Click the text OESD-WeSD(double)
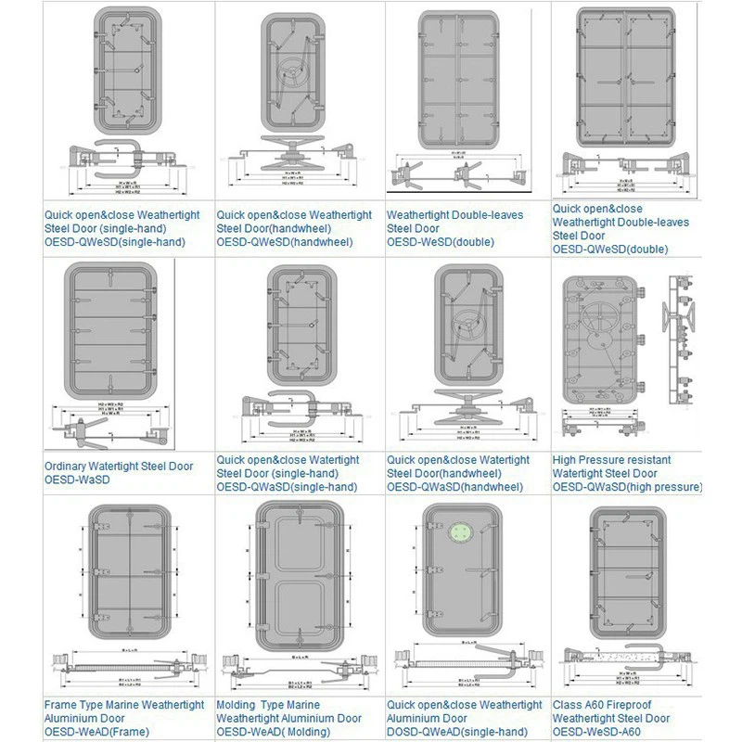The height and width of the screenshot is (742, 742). (x=440, y=242)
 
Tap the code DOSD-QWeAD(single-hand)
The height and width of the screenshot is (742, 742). (x=457, y=732)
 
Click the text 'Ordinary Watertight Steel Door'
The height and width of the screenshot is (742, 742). (x=119, y=467)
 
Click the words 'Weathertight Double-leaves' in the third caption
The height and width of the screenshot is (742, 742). (x=454, y=215)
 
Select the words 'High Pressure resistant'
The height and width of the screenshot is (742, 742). (x=611, y=460)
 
